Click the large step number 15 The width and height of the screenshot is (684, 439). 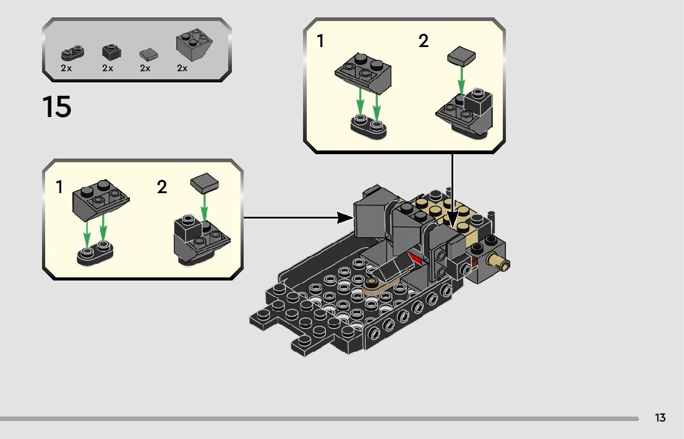pyautogui.click(x=57, y=106)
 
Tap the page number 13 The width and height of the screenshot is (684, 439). pyautogui.click(x=660, y=418)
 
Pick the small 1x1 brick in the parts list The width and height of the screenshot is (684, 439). pyautogui.click(x=111, y=52)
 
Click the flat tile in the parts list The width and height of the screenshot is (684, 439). pyautogui.click(x=148, y=54)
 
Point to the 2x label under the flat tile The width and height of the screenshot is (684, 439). pyautogui.click(x=145, y=68)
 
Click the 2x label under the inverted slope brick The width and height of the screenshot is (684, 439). pyautogui.click(x=182, y=68)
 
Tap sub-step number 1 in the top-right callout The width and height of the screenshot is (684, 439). pyautogui.click(x=320, y=41)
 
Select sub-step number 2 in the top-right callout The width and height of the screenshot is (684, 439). pyautogui.click(x=423, y=41)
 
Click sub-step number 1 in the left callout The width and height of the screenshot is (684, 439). pyautogui.click(x=59, y=187)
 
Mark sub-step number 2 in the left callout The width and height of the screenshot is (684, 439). pyautogui.click(x=162, y=187)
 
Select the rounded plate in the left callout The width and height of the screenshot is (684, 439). pyautogui.click(x=95, y=255)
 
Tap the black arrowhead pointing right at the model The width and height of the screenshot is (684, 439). pyautogui.click(x=344, y=217)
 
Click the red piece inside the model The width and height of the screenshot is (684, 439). pyautogui.click(x=415, y=259)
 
